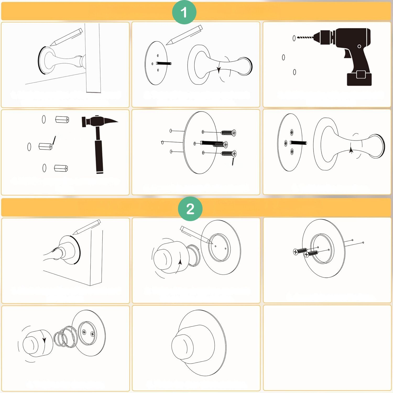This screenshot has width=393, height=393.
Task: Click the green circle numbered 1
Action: click(184, 12)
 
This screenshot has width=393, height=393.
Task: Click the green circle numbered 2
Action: click(190, 209)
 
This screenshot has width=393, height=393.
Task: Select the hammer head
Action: click(100, 121)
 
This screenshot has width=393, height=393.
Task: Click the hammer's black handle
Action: click(99, 156)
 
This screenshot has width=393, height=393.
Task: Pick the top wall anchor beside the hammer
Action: click(62, 120)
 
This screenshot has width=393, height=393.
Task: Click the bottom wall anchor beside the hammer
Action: click(61, 168)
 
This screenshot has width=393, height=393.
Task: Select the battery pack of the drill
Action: click(359, 79)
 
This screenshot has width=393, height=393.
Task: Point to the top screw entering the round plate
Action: click(229, 133)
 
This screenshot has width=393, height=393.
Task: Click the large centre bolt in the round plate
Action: click(214, 144)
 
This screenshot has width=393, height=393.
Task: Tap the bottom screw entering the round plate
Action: click(229, 154)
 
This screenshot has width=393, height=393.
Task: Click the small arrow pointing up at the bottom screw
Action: click(233, 161)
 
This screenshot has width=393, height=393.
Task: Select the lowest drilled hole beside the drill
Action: click(294, 72)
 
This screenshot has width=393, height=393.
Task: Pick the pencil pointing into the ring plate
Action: click(194, 235)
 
